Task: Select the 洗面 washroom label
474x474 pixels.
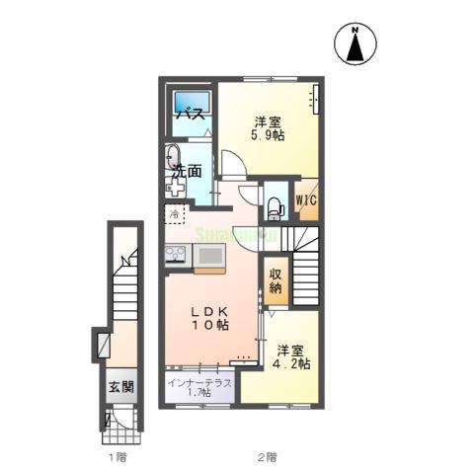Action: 187,171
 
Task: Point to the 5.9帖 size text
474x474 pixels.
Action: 267,136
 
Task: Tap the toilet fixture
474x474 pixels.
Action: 275,205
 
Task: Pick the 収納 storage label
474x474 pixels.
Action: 275,281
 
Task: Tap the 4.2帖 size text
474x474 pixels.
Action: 293,364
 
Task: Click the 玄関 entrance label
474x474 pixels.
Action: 119,388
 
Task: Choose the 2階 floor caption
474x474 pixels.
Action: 267,457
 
